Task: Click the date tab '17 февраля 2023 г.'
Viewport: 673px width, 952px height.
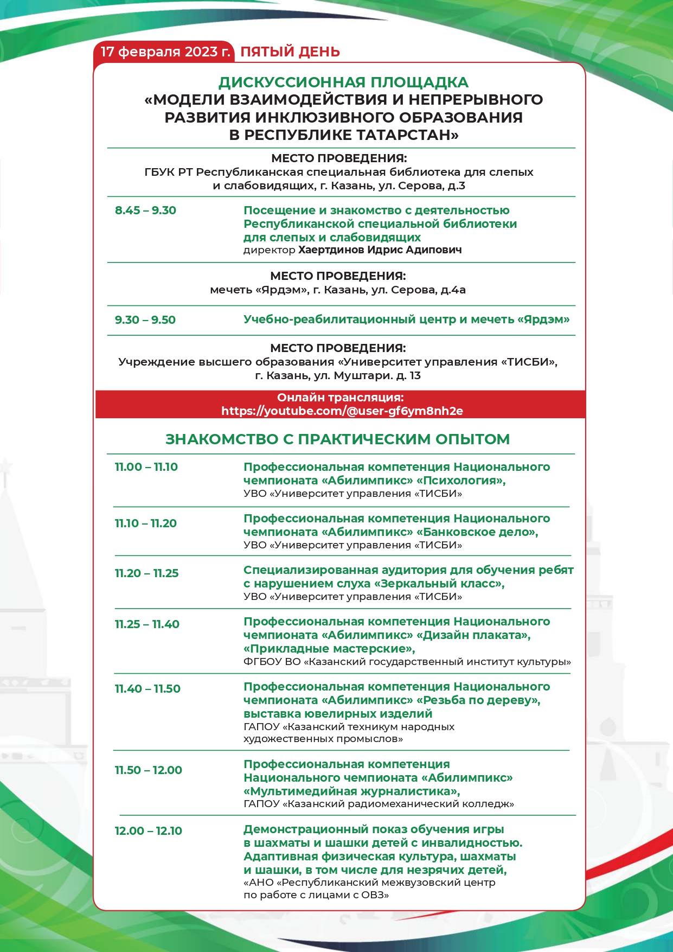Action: click(x=165, y=52)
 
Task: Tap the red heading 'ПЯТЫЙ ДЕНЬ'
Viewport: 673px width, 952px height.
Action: click(x=290, y=52)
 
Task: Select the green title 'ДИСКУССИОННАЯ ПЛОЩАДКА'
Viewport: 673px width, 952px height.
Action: click(x=343, y=82)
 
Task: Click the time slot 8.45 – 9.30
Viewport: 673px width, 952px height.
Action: click(x=145, y=210)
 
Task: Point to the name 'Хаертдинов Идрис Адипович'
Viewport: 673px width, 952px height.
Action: click(x=380, y=250)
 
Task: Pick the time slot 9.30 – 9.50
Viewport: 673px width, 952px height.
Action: click(x=145, y=320)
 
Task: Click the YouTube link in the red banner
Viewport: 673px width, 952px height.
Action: click(x=342, y=411)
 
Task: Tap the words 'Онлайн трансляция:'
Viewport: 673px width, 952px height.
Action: click(x=341, y=398)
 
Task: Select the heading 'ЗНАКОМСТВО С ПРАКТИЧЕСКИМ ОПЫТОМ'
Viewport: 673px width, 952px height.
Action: click(x=337, y=439)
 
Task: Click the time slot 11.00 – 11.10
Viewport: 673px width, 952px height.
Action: click(x=146, y=467)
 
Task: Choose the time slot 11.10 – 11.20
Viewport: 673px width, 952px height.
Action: click(x=145, y=523)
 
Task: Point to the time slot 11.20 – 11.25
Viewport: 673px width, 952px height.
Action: click(x=146, y=573)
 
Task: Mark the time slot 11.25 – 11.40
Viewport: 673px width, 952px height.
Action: click(x=147, y=624)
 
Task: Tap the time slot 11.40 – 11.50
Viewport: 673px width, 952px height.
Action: click(x=148, y=689)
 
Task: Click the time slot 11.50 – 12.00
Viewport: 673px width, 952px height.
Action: click(x=148, y=770)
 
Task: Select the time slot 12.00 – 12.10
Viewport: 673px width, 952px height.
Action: click(x=148, y=831)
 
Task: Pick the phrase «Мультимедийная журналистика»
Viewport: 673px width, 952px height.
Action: click(x=351, y=791)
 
